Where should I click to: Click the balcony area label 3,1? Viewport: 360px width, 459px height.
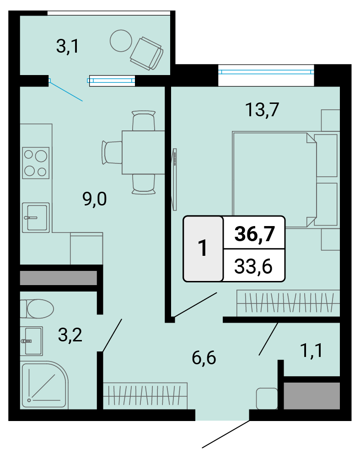coord(68,46)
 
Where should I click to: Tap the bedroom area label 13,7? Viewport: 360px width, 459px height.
coord(262,109)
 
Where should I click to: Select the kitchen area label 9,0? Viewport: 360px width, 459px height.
coord(95,200)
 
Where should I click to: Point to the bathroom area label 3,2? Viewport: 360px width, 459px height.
coord(70,335)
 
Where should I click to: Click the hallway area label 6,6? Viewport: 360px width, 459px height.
coord(204,357)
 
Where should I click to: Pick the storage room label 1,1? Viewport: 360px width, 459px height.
coord(312,350)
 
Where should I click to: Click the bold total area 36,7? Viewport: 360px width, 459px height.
coord(255,233)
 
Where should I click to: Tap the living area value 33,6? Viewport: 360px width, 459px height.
coord(253,266)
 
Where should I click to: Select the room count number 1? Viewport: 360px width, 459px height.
coord(203,248)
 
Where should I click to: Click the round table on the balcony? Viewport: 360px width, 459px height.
coord(121,41)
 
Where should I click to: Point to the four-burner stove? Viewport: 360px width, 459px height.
coord(36,163)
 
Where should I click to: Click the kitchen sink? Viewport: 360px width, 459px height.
coord(36,217)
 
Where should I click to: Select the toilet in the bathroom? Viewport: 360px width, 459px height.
coord(37,308)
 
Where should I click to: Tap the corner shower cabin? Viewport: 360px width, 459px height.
coord(44,386)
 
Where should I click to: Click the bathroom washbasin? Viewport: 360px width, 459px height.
coord(32,341)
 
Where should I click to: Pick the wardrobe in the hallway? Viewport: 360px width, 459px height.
coord(145,396)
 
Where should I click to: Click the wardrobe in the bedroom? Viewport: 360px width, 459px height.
coord(288,303)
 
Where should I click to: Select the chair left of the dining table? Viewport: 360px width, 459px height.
coord(112,152)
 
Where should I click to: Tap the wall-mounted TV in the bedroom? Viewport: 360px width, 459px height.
coord(174,179)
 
